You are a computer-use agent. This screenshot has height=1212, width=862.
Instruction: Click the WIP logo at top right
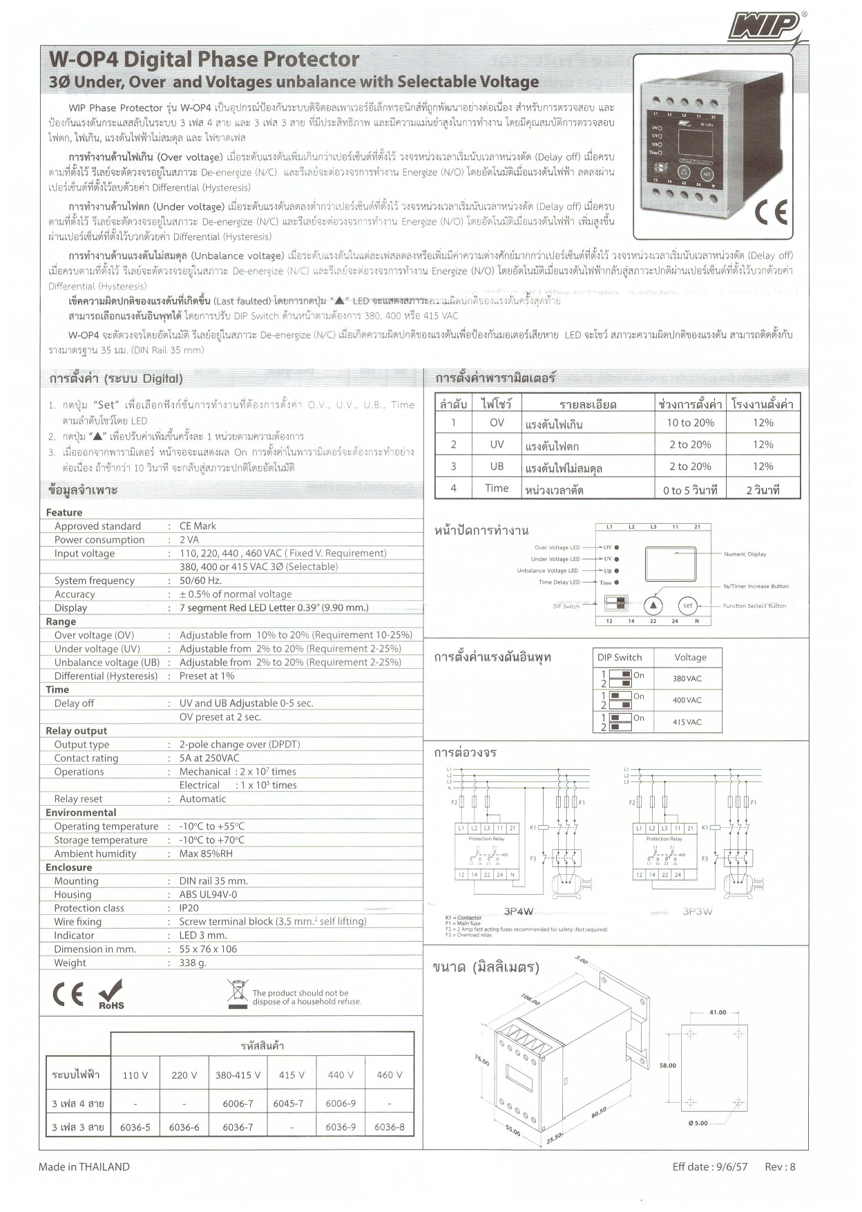765,28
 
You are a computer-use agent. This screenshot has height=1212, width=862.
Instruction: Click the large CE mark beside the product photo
771,213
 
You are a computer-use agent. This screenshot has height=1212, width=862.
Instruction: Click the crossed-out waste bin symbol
238,994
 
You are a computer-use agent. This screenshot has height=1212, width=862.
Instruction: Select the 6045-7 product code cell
291,1104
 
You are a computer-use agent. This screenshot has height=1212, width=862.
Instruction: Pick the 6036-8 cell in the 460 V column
390,1127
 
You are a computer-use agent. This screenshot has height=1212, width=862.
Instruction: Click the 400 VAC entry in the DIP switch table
687,700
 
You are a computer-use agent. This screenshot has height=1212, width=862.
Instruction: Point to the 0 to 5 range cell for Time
689,490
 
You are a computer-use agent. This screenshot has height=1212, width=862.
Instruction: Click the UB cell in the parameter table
497,466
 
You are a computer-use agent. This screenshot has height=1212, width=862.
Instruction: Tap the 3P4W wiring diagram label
518,911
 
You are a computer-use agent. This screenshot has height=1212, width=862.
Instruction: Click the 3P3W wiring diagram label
697,911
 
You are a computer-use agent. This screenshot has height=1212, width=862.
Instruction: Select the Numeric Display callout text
745,554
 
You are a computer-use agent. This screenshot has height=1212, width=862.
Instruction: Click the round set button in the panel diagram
687,606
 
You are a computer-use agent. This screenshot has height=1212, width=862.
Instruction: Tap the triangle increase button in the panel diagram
653,606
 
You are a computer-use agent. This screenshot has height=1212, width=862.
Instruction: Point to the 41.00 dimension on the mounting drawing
718,1012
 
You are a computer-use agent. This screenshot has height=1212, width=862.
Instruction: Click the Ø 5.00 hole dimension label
698,1123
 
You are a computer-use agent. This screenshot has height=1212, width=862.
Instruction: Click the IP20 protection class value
189,908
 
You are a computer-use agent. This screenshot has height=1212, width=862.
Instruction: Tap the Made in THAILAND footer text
84,1166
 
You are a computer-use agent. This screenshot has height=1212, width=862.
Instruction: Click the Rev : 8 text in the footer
780,1166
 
